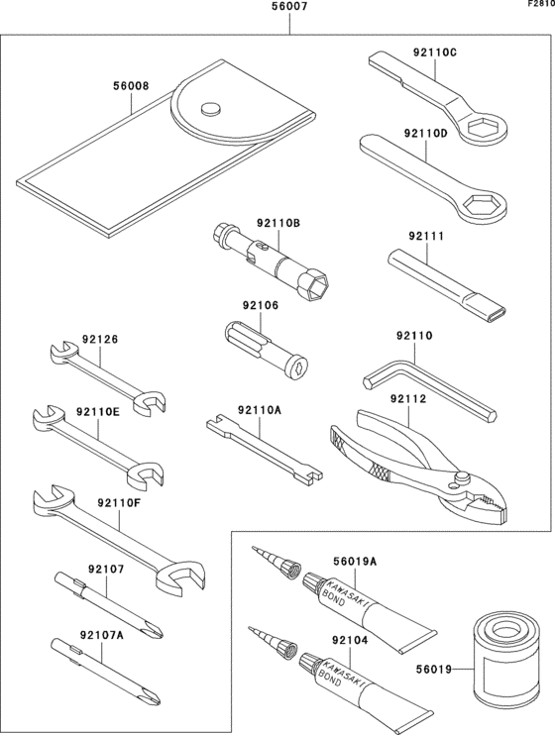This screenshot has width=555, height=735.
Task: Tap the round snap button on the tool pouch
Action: pyautogui.click(x=208, y=108)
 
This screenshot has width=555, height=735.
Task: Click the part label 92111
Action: pyautogui.click(x=427, y=237)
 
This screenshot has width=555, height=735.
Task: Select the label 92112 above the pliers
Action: pyautogui.click(x=407, y=398)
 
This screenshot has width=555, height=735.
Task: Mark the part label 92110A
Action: pyautogui.click(x=259, y=409)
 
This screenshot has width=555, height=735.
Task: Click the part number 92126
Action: pyautogui.click(x=100, y=339)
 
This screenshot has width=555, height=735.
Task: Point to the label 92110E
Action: pyautogui.click(x=97, y=411)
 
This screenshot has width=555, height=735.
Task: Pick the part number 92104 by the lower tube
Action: pyautogui.click(x=351, y=641)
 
